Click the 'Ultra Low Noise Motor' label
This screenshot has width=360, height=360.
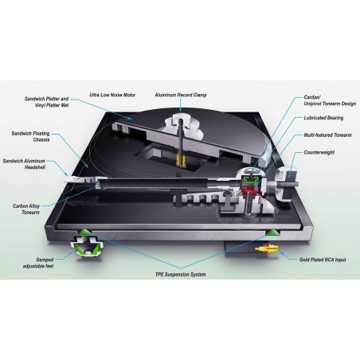(x=112, y=95)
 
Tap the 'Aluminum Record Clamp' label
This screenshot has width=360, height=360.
(x=181, y=95)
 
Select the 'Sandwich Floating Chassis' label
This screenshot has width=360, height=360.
(x=30, y=136)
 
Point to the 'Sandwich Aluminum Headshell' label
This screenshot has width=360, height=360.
(x=24, y=164)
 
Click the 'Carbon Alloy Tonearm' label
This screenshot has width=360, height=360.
(x=26, y=209)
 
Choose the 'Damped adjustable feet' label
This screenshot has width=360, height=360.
(x=38, y=263)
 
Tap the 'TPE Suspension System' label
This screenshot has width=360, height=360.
(x=180, y=275)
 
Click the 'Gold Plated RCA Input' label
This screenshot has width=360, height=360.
(x=323, y=260)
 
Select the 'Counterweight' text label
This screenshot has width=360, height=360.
(x=319, y=152)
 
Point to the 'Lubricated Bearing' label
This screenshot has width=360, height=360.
(x=323, y=118)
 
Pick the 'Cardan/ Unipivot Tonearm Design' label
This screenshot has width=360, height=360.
(x=330, y=100)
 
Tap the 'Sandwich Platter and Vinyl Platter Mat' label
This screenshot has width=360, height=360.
(x=46, y=102)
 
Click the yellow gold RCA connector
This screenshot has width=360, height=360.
(x=266, y=248)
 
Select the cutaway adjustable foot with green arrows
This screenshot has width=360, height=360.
(x=86, y=246)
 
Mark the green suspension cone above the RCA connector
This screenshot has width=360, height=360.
(x=273, y=233)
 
